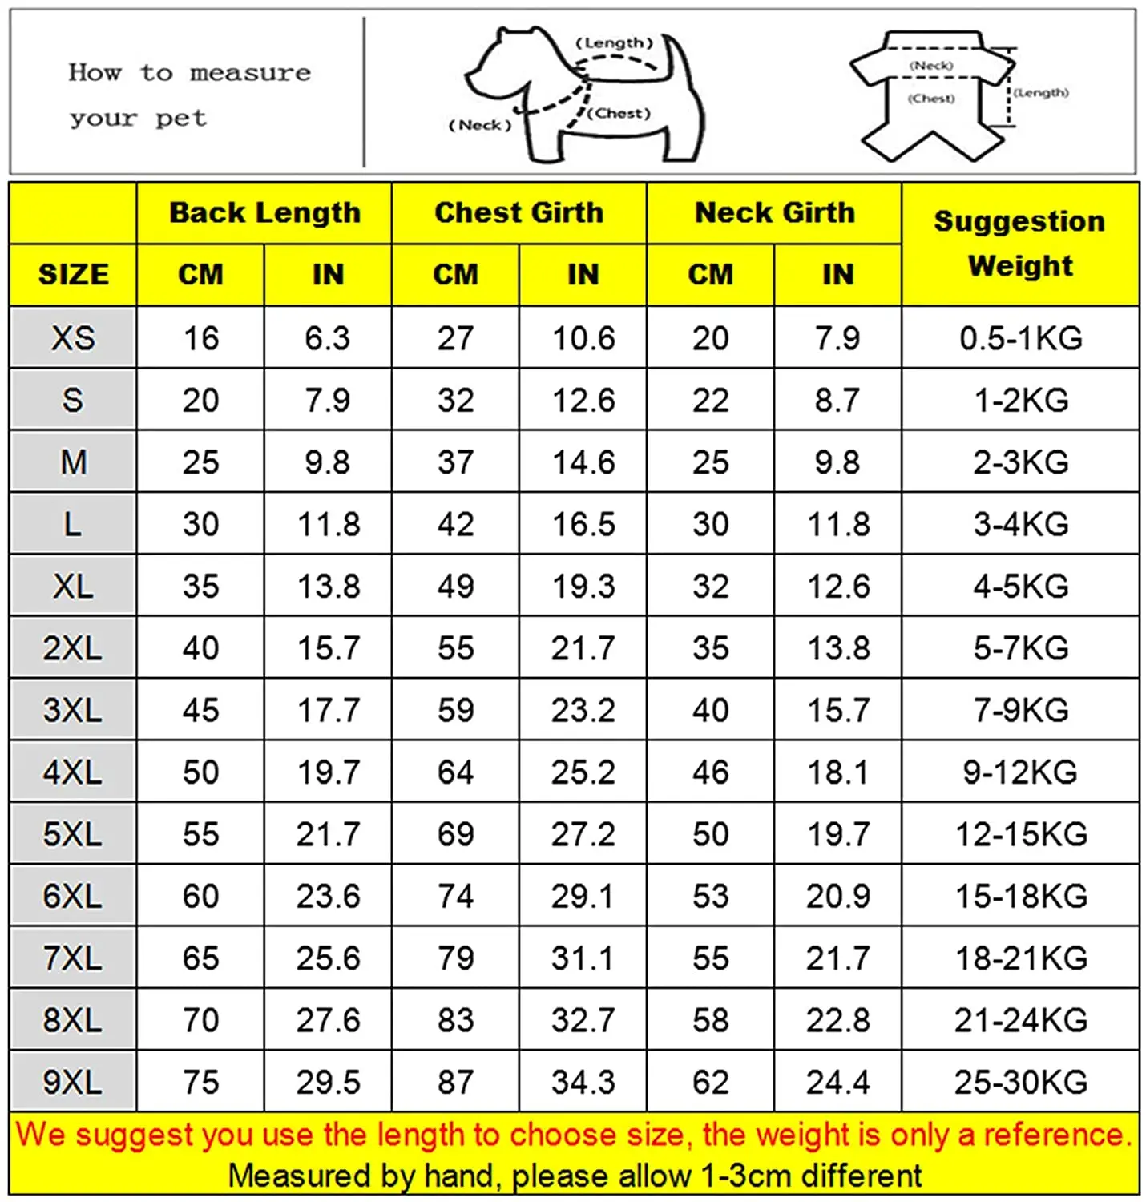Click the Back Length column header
[264, 213]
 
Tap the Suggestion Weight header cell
[1019, 243]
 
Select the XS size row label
[73, 338]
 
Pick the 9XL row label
[73, 1083]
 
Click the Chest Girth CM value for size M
[455, 462]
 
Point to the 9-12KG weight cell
[1019, 772]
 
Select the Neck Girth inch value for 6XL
[837, 897]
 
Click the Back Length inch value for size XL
[329, 587]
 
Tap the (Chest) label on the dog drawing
[619, 114]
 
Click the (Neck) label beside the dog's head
[480, 125]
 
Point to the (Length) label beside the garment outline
[1041, 93]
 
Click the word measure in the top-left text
[250, 73]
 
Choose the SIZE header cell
[73, 275]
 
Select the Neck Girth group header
[774, 213]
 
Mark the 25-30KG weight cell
[1019, 1083]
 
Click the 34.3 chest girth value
[583, 1083]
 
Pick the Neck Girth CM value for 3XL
[710, 711]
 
